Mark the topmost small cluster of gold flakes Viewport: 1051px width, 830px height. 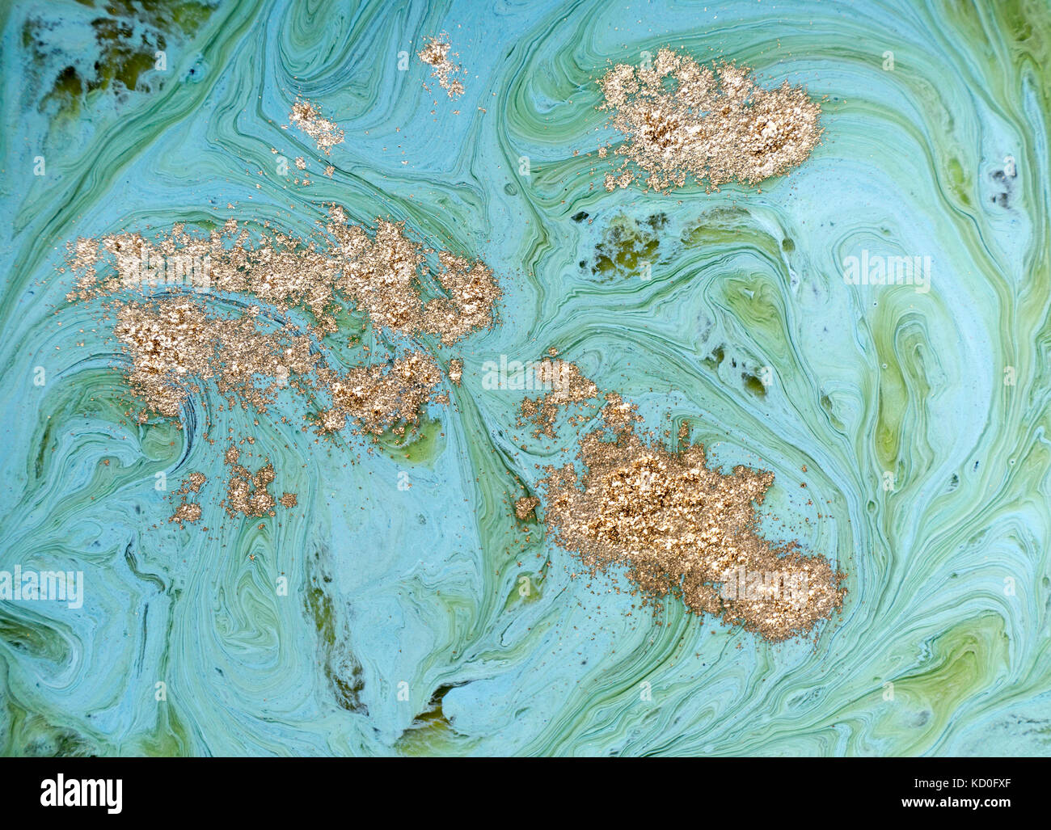click(x=441, y=61)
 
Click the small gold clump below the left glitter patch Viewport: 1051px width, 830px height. click(x=243, y=489)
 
